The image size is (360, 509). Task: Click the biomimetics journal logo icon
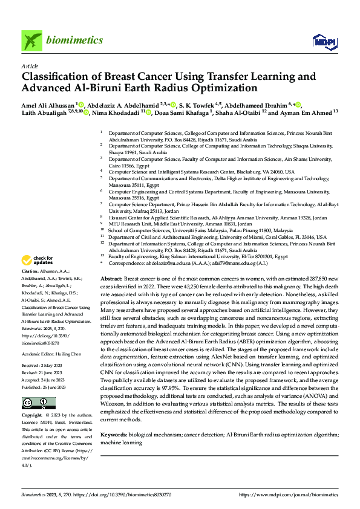point(32,41)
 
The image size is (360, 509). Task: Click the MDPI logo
point(321,41)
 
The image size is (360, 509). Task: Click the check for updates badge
point(38,261)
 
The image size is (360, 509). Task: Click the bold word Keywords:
point(113,435)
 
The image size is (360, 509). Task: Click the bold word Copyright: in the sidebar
point(33,399)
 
